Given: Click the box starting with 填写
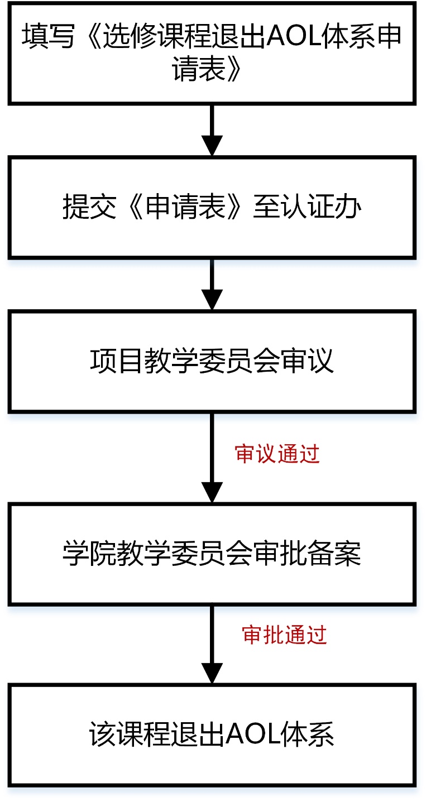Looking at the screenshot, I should pos(212,53).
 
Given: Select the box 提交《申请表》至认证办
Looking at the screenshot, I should pos(212,208).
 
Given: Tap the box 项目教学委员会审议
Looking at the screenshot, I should pos(212,362).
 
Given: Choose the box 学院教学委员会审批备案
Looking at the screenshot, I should pos(212,554).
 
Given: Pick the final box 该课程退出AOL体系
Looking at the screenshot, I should pos(212,734).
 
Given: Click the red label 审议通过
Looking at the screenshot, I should pos(277,454).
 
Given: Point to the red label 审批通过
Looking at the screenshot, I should pos(284,635).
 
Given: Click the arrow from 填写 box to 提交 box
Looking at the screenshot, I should pos(212,130).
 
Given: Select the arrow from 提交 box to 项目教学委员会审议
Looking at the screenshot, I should pos(212,285).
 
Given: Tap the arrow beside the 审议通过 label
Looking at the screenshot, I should pos(212,458).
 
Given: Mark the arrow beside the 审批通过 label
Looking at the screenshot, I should pos(212,644).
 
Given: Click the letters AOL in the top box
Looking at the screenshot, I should pos(295,37).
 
